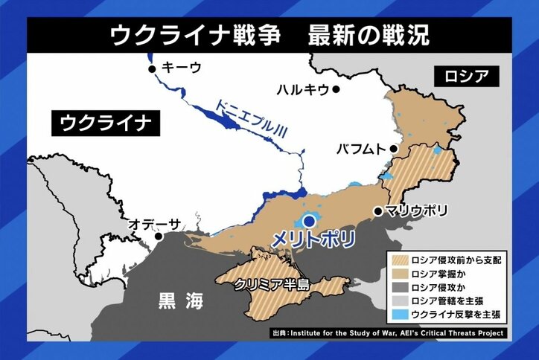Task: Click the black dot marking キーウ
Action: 153,69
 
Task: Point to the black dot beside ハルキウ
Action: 337,89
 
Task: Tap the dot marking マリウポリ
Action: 378,210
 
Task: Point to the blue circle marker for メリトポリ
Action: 309,220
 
